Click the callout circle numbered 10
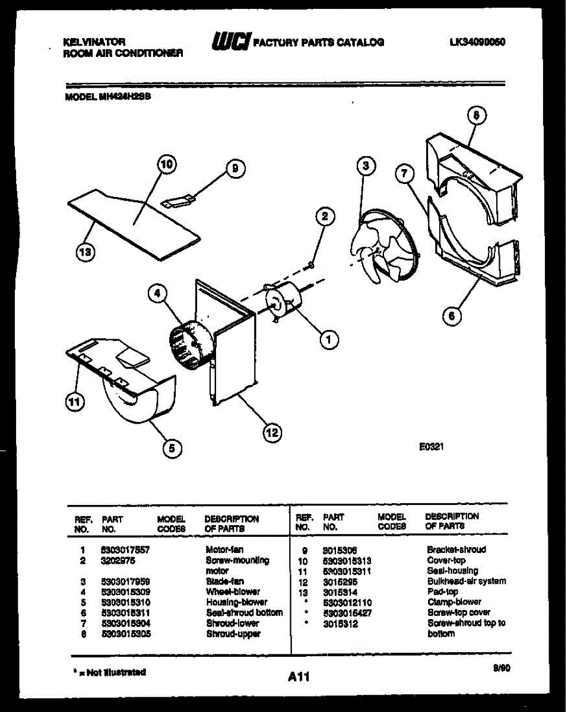click(x=167, y=166)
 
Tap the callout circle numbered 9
click(x=234, y=169)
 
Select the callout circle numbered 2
click(x=325, y=217)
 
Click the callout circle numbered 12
click(x=271, y=433)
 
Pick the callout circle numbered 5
click(x=172, y=449)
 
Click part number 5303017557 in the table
click(x=125, y=550)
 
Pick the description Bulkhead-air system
click(x=467, y=581)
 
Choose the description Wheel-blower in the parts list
click(x=232, y=592)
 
